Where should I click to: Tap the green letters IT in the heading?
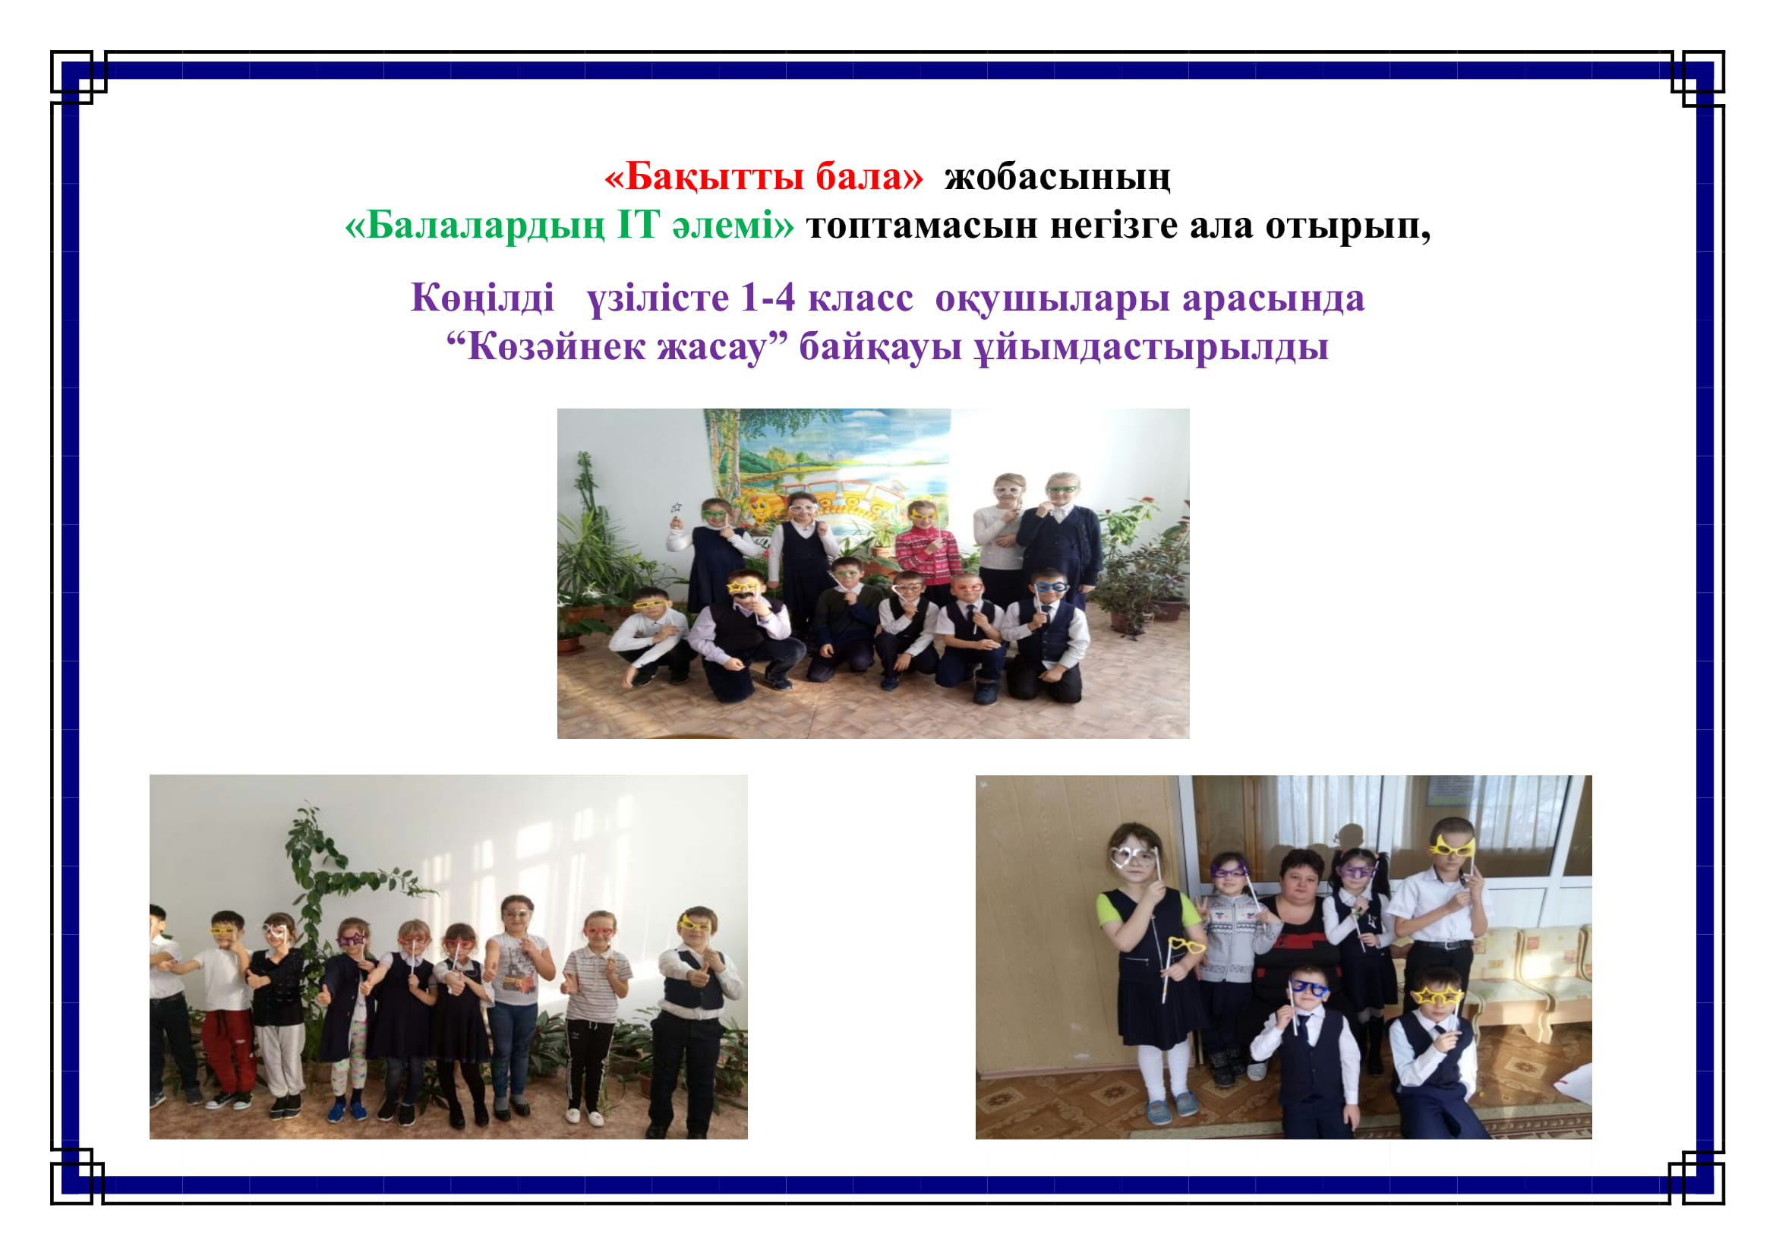(x=638, y=225)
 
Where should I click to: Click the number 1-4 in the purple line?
(x=768, y=298)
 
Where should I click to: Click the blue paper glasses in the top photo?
(x=1051, y=587)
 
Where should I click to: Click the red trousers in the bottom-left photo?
(x=229, y=1047)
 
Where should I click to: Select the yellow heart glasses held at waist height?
(x=1186, y=946)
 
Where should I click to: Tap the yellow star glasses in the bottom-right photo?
(x=1437, y=998)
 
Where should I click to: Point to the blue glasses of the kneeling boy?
(x=1308, y=988)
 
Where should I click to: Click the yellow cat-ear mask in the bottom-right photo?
(x=1451, y=846)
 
